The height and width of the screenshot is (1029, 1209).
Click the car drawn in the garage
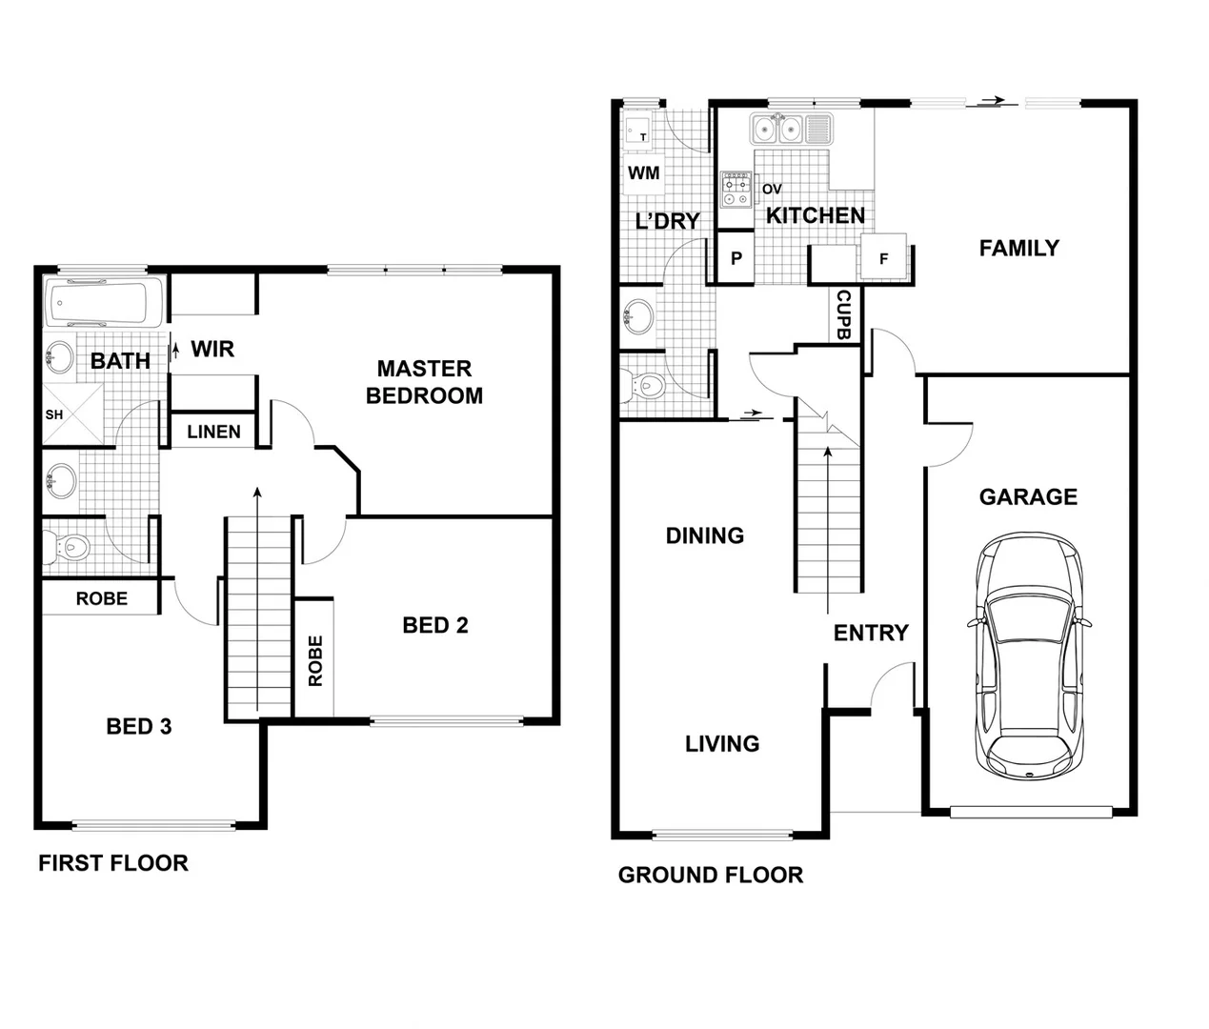[1029, 657]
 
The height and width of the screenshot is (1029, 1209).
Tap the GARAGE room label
[1028, 496]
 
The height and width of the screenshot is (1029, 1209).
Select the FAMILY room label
[1018, 248]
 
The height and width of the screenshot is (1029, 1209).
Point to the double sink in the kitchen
[776, 129]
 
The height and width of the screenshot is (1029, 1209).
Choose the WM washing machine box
[644, 173]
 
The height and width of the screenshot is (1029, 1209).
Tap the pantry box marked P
[735, 258]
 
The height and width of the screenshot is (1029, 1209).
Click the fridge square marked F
[883, 258]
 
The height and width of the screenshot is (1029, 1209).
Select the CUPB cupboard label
[843, 314]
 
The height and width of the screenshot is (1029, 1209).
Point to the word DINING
[704, 535]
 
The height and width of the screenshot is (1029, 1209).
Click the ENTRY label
[870, 633]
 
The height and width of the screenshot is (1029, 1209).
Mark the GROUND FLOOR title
[710, 875]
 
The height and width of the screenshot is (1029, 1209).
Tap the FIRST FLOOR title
[113, 863]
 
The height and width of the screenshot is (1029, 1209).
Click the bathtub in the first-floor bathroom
[104, 303]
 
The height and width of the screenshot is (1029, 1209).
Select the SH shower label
[54, 414]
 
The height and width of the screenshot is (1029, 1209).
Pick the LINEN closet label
[213, 432]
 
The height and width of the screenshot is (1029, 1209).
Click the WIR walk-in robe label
[212, 349]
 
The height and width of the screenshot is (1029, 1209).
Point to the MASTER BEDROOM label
[424, 382]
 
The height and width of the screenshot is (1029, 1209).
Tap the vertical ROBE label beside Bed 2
[315, 660]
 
